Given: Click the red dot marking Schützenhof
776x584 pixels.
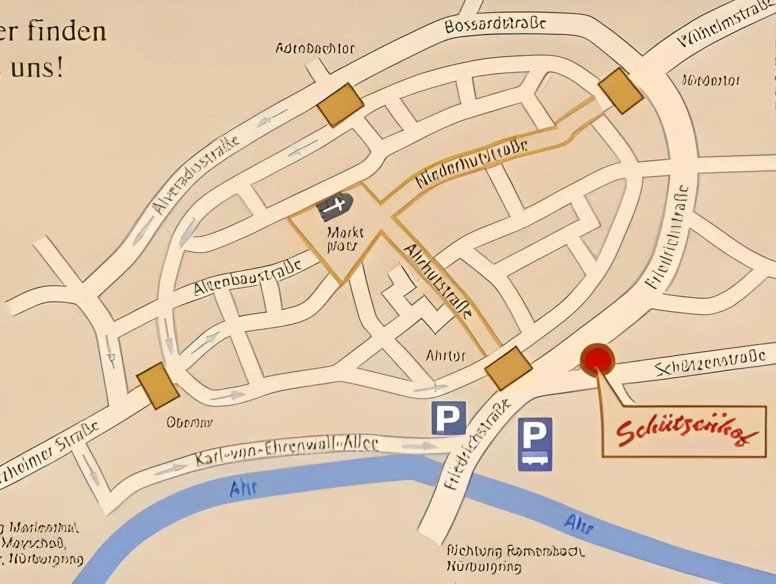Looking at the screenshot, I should pyautogui.click(x=597, y=359).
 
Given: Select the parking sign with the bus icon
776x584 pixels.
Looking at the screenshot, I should pyautogui.click(x=535, y=444).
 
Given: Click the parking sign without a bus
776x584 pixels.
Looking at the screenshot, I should pyautogui.click(x=448, y=418).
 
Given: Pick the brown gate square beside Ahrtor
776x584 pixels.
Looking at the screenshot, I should pyautogui.click(x=508, y=368).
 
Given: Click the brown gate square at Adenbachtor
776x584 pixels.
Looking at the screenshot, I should pyautogui.click(x=341, y=105).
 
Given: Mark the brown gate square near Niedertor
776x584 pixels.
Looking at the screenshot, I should pyautogui.click(x=621, y=91).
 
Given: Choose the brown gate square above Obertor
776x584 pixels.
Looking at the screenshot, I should pyautogui.click(x=157, y=385).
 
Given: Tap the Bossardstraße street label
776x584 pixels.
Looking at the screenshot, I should pyautogui.click(x=495, y=24).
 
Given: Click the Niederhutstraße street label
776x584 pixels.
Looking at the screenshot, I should pyautogui.click(x=472, y=164).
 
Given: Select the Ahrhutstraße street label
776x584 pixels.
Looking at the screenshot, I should pyautogui.click(x=438, y=281).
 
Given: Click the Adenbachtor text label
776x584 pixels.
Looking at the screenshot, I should pyautogui.click(x=315, y=48).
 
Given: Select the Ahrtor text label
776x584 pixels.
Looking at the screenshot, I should pyautogui.click(x=445, y=356).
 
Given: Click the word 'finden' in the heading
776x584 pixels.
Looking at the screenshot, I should pyautogui.click(x=67, y=31).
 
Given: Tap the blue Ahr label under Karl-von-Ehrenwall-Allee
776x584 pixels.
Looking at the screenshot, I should pyautogui.click(x=243, y=488).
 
